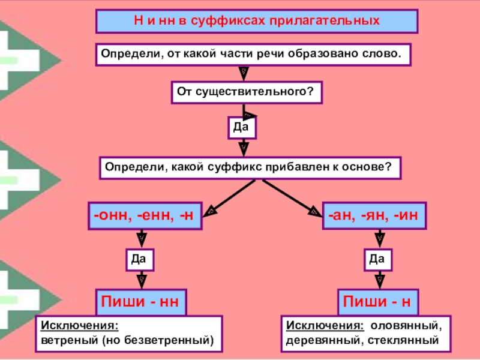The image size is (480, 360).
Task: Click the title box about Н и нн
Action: pos(257,21)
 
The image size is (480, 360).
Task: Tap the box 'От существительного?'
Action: pos(247,93)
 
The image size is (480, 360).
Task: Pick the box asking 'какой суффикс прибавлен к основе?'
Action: pos(250,167)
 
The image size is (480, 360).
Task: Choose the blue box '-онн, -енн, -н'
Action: pos(145,215)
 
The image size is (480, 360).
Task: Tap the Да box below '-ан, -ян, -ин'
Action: pos(377,259)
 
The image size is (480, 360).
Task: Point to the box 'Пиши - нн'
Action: pos(141,301)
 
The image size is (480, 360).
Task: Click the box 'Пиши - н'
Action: pos(377,301)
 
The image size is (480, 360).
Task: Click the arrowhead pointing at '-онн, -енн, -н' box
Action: pos(211,211)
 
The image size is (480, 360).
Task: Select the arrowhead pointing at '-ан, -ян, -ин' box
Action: pos(314,211)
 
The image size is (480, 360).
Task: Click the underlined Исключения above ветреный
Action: pos(79,326)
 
